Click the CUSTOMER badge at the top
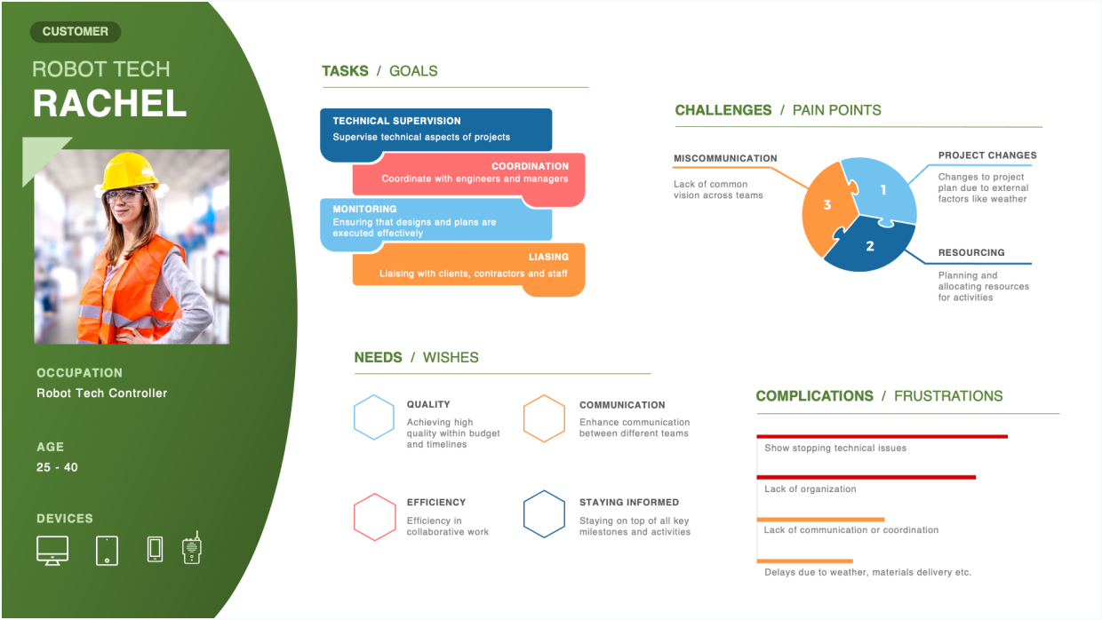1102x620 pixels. point(76,32)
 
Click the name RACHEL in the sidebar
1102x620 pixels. point(109,104)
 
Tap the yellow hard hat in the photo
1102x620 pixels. point(129,171)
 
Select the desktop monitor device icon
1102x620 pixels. point(52,550)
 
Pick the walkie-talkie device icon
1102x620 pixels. point(191,549)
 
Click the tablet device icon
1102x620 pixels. point(107,550)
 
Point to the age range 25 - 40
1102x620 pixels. point(57,467)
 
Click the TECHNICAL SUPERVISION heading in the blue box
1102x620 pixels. point(396,121)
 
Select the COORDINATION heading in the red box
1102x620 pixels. point(530,166)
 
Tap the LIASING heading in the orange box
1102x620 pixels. point(548,258)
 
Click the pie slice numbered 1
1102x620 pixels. point(882,189)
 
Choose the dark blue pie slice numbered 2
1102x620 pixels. point(870,245)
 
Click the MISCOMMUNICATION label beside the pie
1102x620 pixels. point(725,158)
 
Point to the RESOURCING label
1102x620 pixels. point(971,253)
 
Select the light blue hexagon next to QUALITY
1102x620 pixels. point(373,417)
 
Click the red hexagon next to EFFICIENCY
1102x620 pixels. point(374,516)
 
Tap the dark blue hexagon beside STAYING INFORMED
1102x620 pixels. point(544,514)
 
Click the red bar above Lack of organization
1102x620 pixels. point(866,478)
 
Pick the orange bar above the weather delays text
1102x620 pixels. point(804,561)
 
